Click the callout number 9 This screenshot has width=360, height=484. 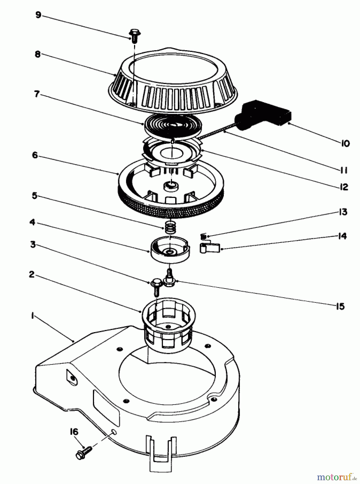click(x=38, y=15)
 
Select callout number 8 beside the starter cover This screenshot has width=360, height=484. click(x=37, y=54)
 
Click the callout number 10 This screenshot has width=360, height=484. click(x=345, y=144)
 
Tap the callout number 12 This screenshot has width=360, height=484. click(x=343, y=187)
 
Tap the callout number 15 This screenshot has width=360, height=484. click(x=340, y=306)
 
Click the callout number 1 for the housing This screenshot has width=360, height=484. click(x=32, y=316)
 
